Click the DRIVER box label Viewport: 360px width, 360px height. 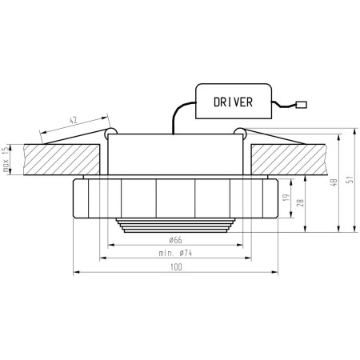click(233, 102)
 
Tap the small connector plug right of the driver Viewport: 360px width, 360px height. click(302, 105)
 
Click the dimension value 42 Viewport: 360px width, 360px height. click(74, 120)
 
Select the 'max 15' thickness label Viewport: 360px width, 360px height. click(5, 160)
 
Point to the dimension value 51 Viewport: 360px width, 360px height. click(350, 179)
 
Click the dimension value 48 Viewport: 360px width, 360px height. click(334, 182)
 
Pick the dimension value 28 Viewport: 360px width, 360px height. click(300, 202)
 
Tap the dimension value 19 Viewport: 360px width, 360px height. click(286, 198)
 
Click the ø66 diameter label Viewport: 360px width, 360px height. click(175, 240)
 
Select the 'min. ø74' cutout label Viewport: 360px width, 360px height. click(175, 253)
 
